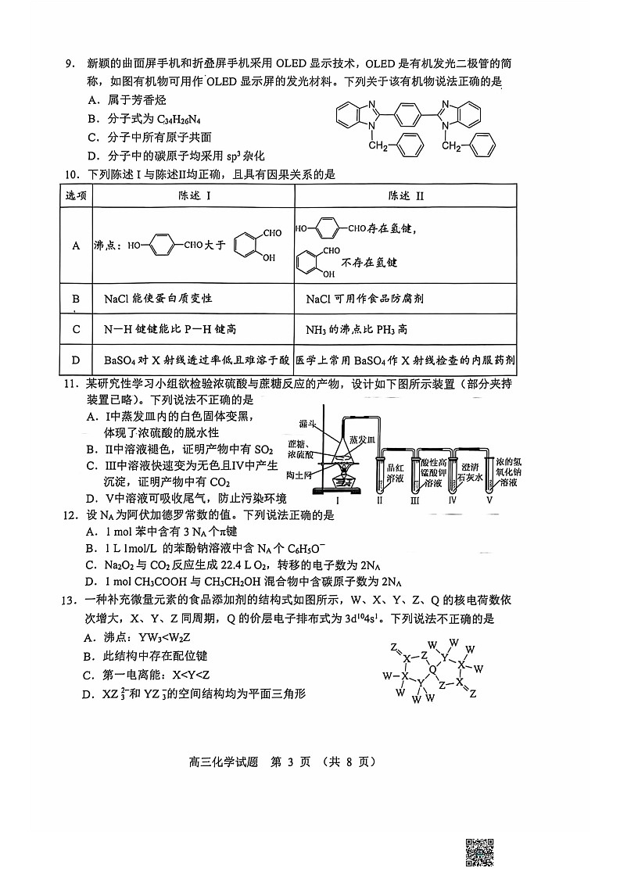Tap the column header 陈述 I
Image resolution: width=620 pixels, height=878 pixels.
(193, 195)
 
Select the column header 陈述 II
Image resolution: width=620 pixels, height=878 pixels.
(406, 195)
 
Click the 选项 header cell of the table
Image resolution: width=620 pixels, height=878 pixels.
(76, 195)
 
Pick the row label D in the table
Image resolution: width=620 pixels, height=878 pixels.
(76, 360)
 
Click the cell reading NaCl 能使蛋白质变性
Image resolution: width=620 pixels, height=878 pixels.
(158, 299)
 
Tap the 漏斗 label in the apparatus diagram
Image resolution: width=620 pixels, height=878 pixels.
(307, 423)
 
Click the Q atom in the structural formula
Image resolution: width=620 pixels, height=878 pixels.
(434, 669)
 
